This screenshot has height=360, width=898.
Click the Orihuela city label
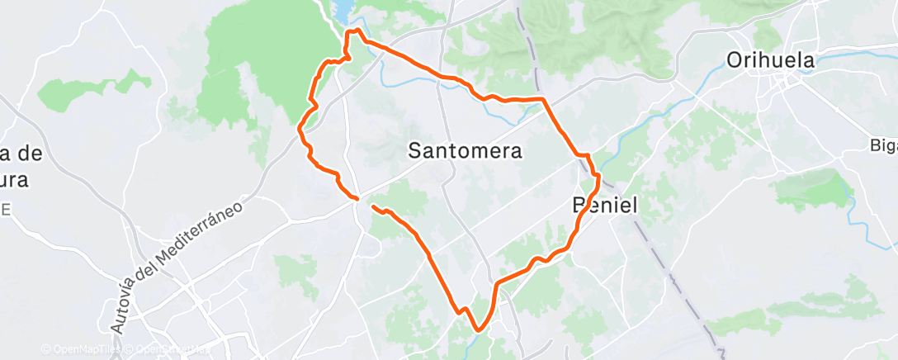(x=770, y=60)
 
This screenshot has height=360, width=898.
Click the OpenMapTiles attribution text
(x=80, y=350)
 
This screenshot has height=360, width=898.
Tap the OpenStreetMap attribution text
(x=169, y=350)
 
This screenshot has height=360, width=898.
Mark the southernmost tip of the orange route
(x=478, y=331)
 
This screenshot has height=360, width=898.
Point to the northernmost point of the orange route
(x=357, y=30)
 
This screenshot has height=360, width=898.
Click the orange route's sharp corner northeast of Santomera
(x=544, y=99)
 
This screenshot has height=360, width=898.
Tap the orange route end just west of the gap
(x=356, y=198)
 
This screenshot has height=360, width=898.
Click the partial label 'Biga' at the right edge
(x=883, y=145)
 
